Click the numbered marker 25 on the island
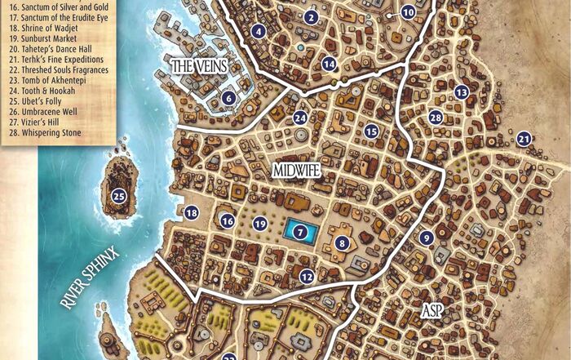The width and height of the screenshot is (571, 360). tap(119, 195)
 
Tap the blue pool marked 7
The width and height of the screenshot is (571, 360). tap(301, 232)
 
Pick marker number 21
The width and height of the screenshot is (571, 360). tap(524, 139)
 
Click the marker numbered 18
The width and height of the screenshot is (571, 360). tap(192, 213)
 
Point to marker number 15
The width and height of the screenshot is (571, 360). tap(372, 131)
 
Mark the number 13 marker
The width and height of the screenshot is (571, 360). tap(462, 92)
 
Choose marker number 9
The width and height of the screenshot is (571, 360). tap(426, 238)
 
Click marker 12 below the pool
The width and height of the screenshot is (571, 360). tap(306, 276)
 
